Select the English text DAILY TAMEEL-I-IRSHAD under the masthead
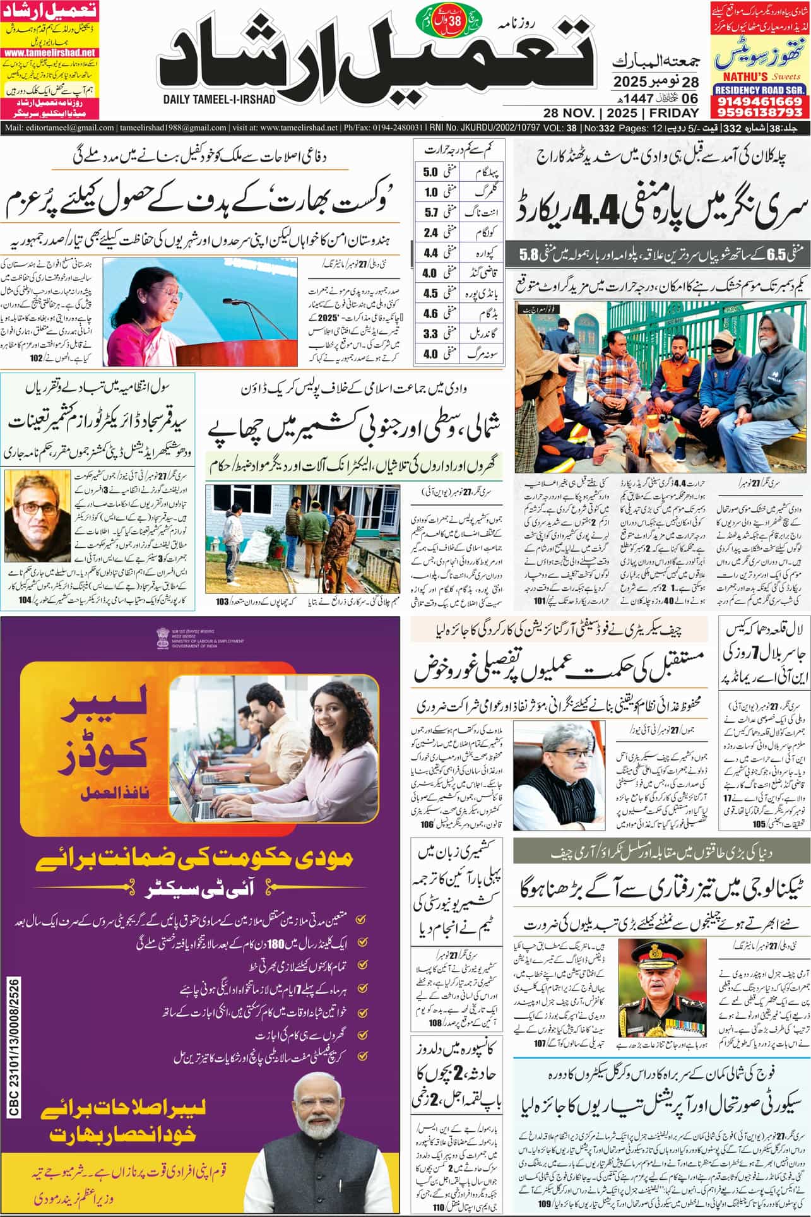(x=218, y=99)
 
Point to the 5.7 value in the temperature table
(x=431, y=213)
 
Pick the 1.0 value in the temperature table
(x=431, y=193)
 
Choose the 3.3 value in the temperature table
(x=431, y=333)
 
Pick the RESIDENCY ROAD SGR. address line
(x=760, y=90)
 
